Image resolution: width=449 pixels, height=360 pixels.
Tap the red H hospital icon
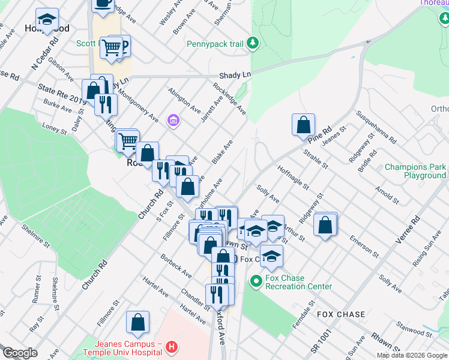pyautogui.click(x=172, y=347)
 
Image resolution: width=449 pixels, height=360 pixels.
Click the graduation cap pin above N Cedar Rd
pyautogui.click(x=47, y=19)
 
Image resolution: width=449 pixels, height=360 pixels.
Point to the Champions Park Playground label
pyautogui.click(x=415, y=172)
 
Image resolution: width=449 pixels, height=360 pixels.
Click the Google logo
pyautogui.click(x=20, y=353)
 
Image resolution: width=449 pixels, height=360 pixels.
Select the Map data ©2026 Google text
pyautogui.click(x=411, y=355)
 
